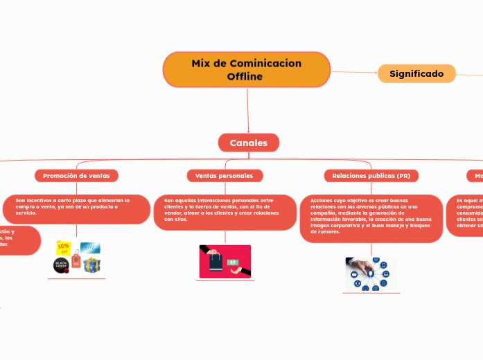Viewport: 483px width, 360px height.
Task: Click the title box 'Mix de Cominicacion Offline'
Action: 247,69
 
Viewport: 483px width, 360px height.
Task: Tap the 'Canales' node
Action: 248,143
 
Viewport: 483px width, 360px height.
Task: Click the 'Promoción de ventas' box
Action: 76,176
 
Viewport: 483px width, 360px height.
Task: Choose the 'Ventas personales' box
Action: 225,176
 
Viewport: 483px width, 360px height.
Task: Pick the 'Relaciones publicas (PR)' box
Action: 371,176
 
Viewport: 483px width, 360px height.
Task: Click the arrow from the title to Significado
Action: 354,72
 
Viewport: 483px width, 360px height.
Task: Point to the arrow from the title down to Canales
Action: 247,111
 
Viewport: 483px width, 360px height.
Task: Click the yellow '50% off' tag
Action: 64,248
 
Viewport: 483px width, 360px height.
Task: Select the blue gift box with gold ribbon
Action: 91,264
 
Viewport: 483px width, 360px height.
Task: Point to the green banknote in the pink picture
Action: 234,262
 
